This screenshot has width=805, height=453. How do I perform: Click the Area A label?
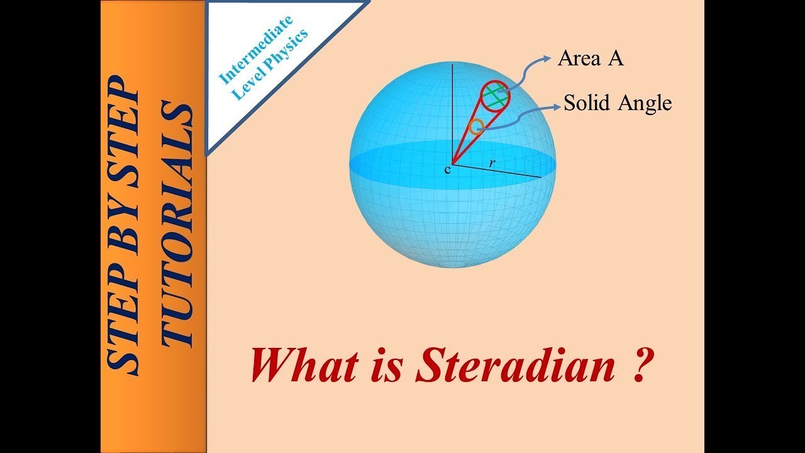click(x=590, y=59)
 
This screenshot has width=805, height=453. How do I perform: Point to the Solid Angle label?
click(x=618, y=103)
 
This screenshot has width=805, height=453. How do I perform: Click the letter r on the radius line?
click(x=492, y=163)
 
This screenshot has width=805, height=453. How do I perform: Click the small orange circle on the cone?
click(x=476, y=126)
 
